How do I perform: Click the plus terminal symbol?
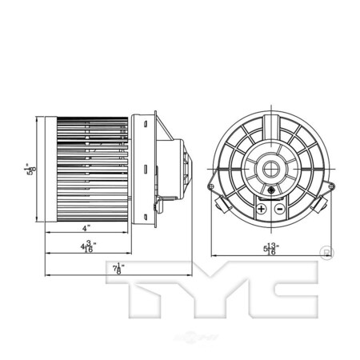tap(261, 209)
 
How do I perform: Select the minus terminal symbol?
tap(278, 209)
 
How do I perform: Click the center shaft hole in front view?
tap(270, 169)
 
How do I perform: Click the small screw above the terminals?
tap(272, 191)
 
